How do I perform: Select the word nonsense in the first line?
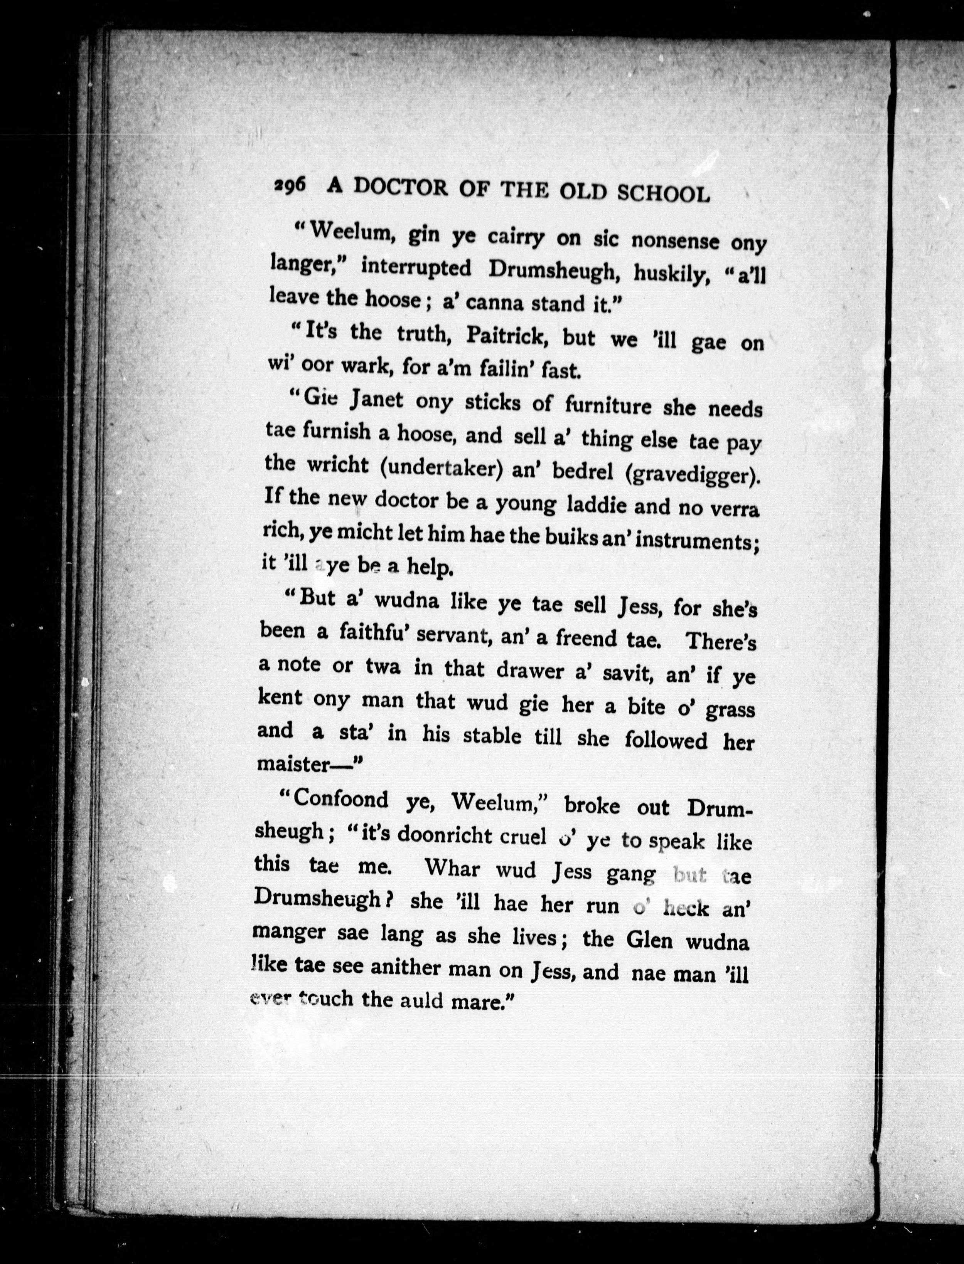pyautogui.click(x=675, y=241)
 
